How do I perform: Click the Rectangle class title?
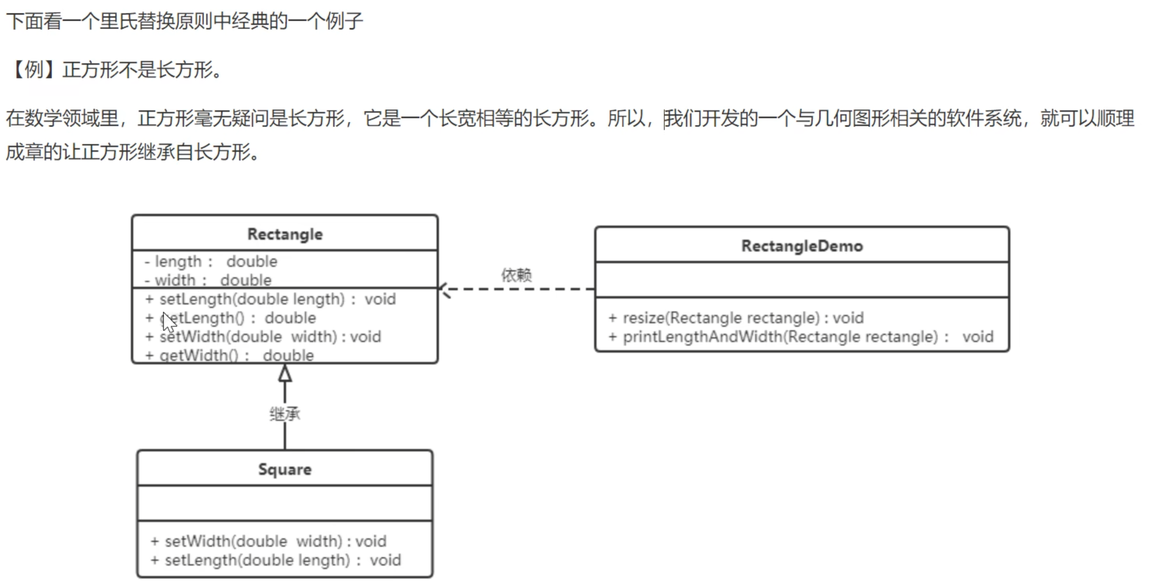(285, 234)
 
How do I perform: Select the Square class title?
(285, 469)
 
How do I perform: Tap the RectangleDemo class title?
(802, 246)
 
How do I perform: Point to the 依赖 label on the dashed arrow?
(516, 275)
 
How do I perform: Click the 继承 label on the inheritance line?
(285, 414)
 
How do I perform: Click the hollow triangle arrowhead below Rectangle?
(285, 373)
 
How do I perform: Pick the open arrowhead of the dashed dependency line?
(445, 289)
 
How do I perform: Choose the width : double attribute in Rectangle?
(208, 280)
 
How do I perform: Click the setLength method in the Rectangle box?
(270, 299)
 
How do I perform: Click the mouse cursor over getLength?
(169, 322)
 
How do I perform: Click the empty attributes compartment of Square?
(285, 503)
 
